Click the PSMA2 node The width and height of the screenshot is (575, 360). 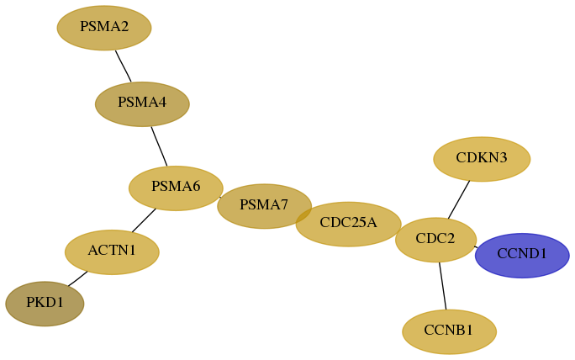[x=104, y=28]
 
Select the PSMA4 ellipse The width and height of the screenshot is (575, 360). [x=142, y=104]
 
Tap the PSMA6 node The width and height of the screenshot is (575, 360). [x=176, y=188]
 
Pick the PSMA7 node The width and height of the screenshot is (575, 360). [x=265, y=206]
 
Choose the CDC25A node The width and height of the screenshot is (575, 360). [x=348, y=224]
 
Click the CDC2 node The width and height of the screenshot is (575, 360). [x=435, y=240]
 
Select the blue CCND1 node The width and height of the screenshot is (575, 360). [x=522, y=256]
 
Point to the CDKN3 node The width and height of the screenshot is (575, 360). [x=482, y=159]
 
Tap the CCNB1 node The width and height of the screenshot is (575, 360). [x=449, y=331]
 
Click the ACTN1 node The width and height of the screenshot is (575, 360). [x=112, y=252]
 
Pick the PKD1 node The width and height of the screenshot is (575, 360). [x=45, y=304]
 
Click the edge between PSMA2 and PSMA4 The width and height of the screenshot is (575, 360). [x=124, y=66]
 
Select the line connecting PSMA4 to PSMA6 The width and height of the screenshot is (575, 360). [x=159, y=146]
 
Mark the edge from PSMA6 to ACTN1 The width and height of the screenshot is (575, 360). [x=144, y=220]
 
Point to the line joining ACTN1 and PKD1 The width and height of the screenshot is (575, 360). [x=77, y=278]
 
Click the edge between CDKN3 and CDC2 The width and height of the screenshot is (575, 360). [x=459, y=199]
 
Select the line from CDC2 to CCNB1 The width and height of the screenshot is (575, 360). [x=443, y=286]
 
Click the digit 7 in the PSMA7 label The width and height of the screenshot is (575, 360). [x=284, y=204]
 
